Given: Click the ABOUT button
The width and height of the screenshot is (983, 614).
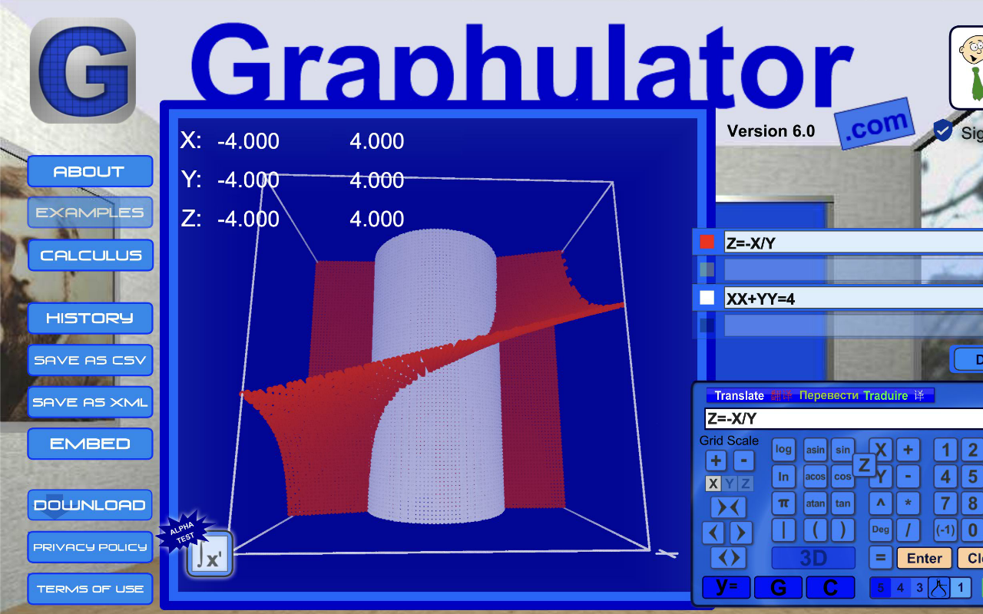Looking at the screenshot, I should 90,171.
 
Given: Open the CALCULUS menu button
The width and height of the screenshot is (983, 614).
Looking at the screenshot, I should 91,256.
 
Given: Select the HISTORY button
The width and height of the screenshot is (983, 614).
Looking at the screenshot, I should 90,318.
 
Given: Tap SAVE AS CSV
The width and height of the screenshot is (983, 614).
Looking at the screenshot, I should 90,360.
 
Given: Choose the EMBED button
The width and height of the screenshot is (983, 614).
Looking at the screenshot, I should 90,444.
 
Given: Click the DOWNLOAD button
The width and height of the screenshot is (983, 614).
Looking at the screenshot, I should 90,505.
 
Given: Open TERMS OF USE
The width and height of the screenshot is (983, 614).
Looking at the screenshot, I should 90,589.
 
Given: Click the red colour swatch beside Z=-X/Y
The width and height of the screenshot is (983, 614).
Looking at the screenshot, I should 707,243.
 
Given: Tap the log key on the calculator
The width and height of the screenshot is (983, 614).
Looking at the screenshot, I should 783,450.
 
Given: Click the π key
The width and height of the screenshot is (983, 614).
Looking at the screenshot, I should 783,503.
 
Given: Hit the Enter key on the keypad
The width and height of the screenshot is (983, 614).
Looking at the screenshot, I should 924,558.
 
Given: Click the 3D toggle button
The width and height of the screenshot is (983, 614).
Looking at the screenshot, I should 813,558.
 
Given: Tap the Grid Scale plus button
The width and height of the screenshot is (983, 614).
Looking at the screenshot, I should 716,460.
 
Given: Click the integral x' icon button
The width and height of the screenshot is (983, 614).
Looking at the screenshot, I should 209,554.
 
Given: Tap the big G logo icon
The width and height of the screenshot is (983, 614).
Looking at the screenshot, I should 83,71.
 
